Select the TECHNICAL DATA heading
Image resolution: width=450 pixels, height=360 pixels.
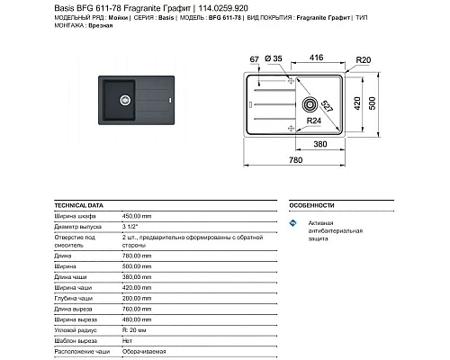coord(76,205)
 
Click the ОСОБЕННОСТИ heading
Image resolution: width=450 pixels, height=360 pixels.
coord(313,205)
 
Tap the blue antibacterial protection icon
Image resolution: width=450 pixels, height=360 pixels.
coord(292,222)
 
